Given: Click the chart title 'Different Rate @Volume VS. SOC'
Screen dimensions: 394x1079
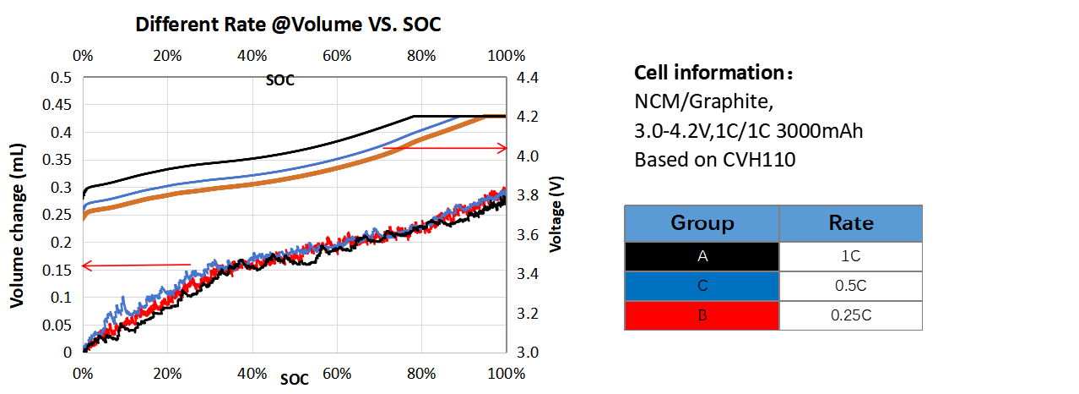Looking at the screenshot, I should [290, 25].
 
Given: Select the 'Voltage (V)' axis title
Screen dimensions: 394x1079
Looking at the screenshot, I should [556, 215].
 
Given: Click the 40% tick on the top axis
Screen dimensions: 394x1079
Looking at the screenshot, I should [252, 56].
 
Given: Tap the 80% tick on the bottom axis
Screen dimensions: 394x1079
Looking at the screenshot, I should [421, 373].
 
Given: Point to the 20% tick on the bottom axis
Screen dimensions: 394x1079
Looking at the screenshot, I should [167, 373].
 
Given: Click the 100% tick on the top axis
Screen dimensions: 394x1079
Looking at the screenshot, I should [507, 56].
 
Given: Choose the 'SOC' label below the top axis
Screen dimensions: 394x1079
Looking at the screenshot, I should [279, 81].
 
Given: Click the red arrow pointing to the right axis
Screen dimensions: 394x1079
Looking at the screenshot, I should [445, 149].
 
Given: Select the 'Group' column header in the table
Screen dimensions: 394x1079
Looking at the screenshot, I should [702, 223].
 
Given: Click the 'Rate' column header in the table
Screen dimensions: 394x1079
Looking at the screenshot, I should [850, 223].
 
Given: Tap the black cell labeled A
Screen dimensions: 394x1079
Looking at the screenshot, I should [702, 256].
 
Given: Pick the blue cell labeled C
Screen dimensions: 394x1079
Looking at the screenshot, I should [702, 286].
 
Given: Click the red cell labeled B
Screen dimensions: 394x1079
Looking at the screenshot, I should [702, 315].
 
